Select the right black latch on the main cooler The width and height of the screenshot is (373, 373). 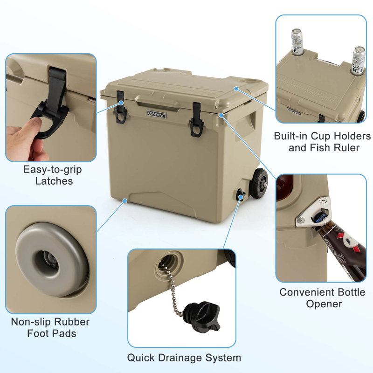(x=195, y=122)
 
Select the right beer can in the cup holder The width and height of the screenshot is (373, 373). (x=358, y=61)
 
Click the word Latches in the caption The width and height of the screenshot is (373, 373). (x=54, y=181)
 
